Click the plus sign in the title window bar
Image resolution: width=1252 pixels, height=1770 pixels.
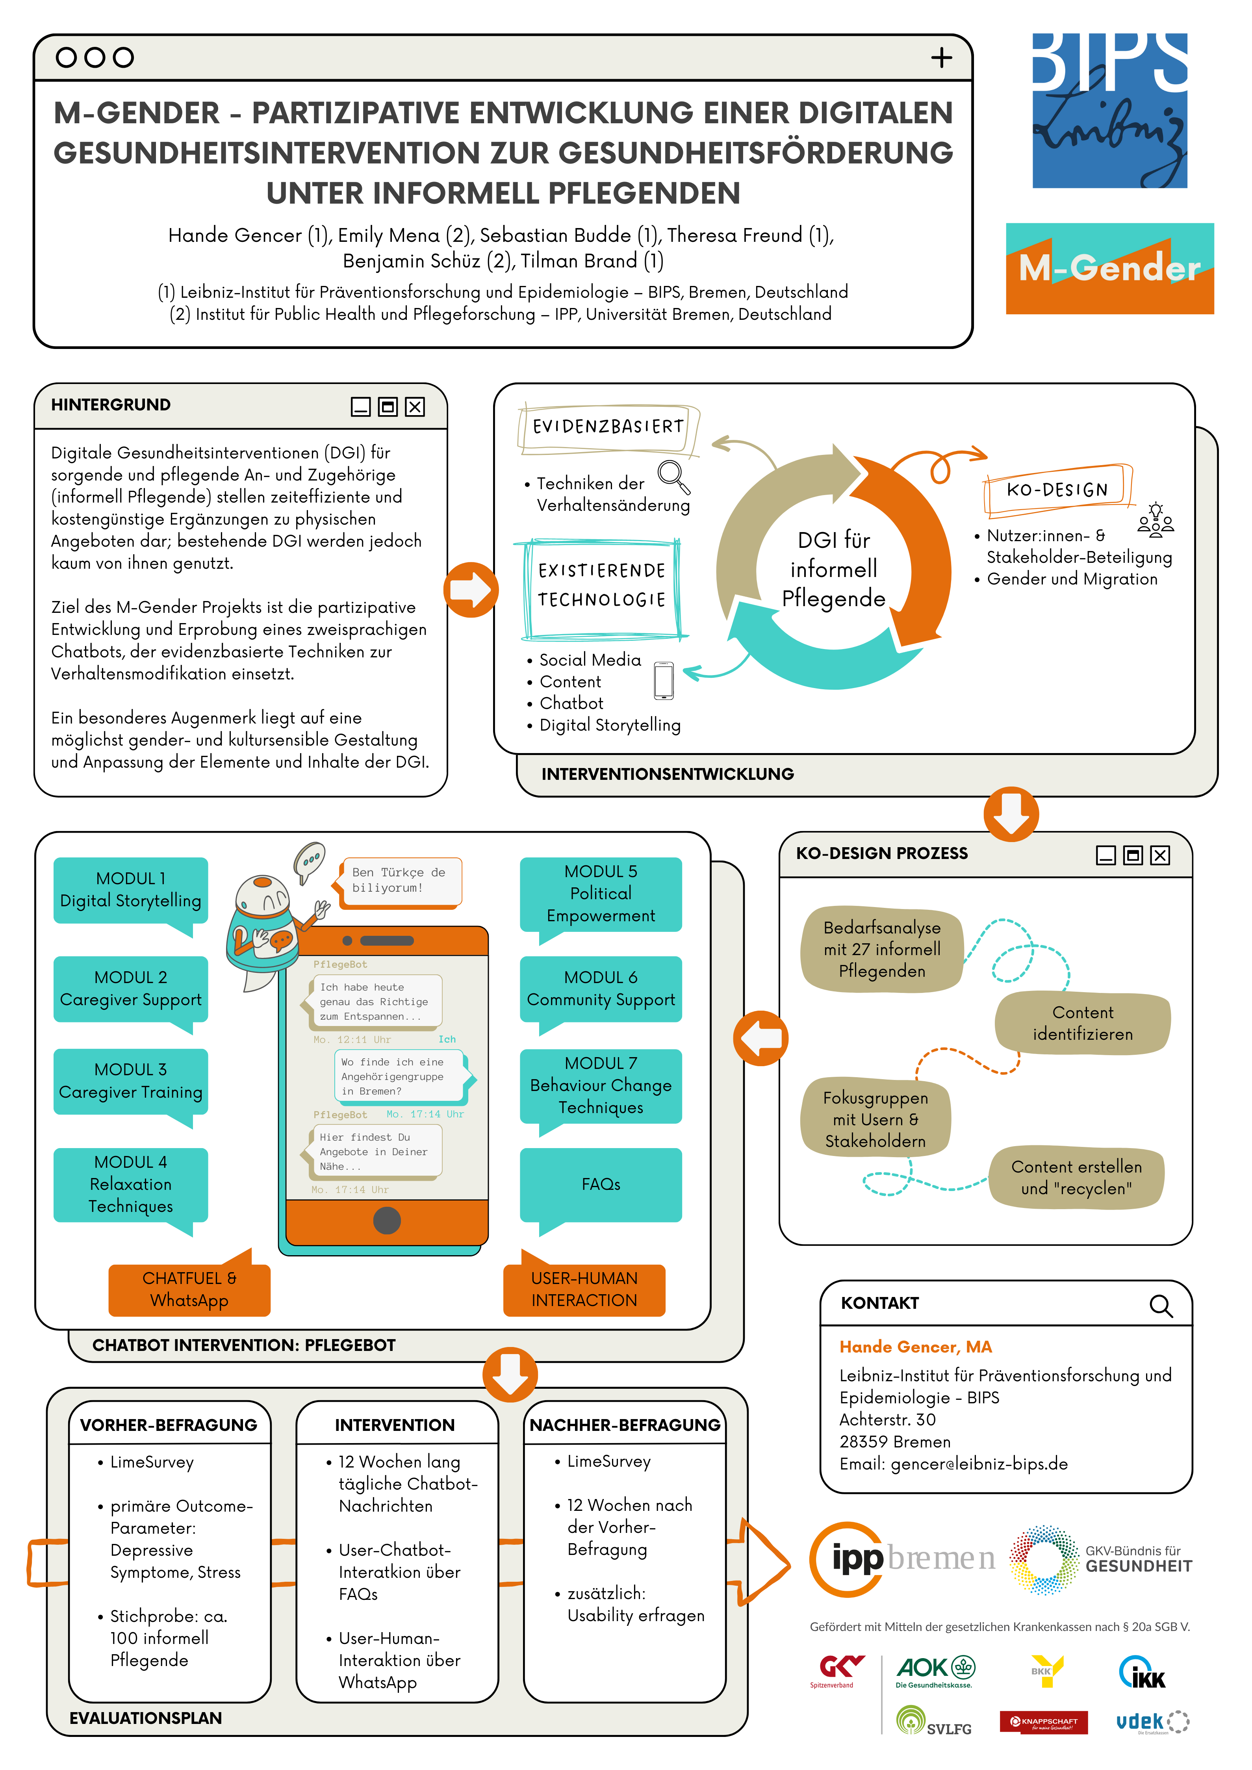tap(941, 58)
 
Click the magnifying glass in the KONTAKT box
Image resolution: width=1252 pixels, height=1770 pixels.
tap(1161, 1306)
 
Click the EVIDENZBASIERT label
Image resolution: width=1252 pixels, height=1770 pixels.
tap(608, 427)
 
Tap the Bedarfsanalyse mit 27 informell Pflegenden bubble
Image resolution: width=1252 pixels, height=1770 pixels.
tap(882, 949)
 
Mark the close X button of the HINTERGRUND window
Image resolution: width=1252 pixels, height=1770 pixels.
tap(415, 407)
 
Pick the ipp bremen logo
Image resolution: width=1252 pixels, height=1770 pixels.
tap(902, 1560)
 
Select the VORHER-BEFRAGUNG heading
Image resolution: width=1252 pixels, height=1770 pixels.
tap(169, 1425)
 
